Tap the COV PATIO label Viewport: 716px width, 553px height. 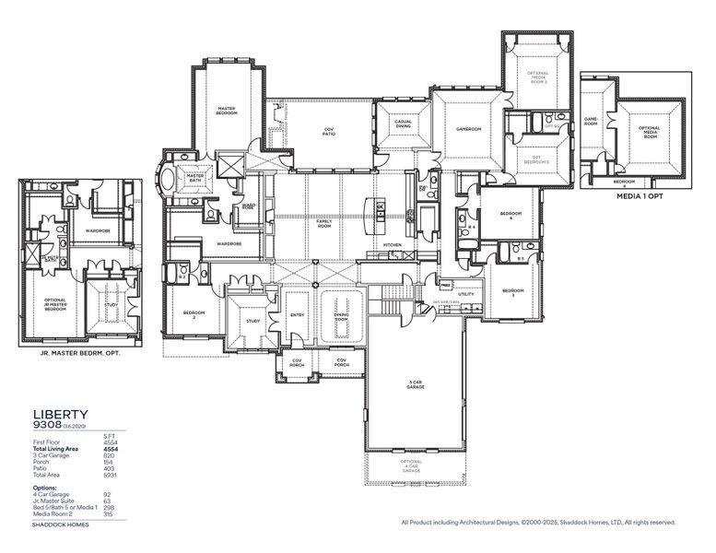pos(328,132)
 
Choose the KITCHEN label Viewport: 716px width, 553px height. pos(380,244)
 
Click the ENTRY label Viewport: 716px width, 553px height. pos(298,315)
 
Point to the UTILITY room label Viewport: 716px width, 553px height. pos(465,294)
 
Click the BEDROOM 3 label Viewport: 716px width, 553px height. pos(512,292)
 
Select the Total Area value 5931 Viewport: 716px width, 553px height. pos(110,474)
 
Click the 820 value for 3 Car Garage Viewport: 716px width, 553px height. pos(110,455)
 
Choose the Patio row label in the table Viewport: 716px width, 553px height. pos(40,467)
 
